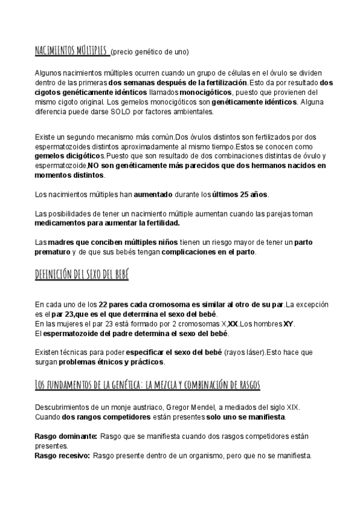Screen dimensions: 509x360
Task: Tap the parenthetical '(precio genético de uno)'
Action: click(149, 52)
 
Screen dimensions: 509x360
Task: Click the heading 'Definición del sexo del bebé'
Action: click(82, 276)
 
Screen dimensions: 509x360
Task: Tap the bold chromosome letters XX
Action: click(233, 324)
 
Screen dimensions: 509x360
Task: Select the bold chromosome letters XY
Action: click(289, 324)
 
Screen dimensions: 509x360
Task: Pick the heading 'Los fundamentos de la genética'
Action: click(147, 384)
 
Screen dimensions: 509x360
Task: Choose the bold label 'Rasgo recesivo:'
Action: click(62, 456)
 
